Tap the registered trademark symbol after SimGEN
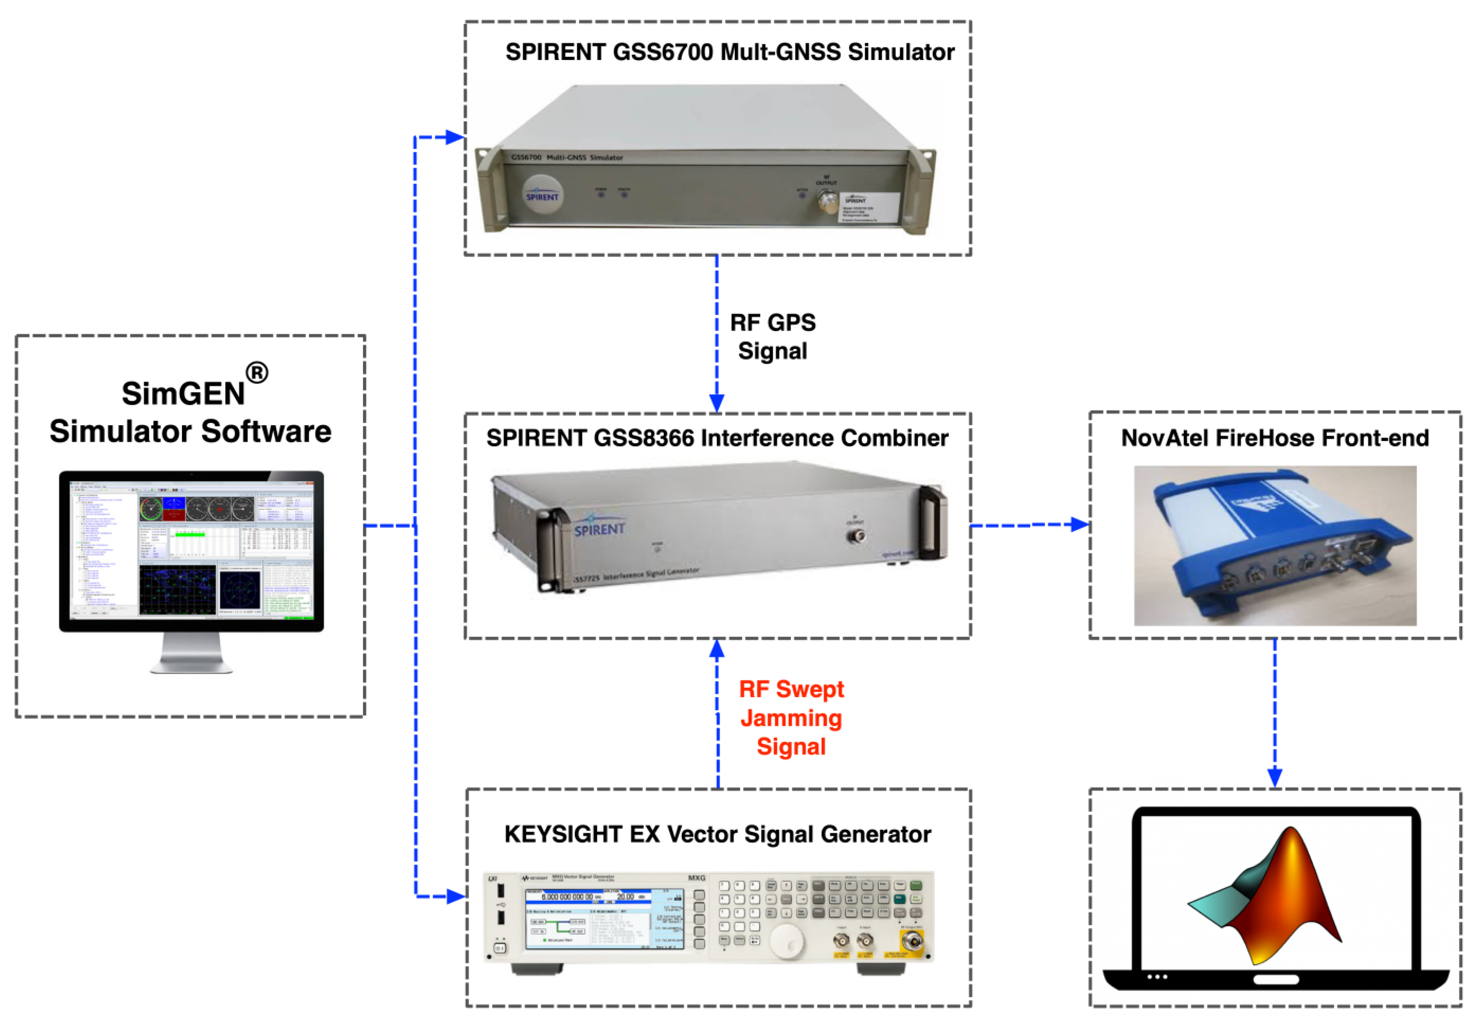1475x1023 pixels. tap(256, 372)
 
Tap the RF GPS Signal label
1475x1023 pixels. tap(772, 337)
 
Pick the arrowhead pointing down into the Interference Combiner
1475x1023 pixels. tap(717, 403)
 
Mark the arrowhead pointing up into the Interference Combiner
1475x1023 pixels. tap(717, 650)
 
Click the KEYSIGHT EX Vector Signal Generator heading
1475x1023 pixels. tap(717, 834)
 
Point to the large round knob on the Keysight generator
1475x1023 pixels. tap(786, 941)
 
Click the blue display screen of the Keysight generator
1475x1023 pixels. tap(604, 918)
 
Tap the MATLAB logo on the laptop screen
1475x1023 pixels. tap(1270, 898)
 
